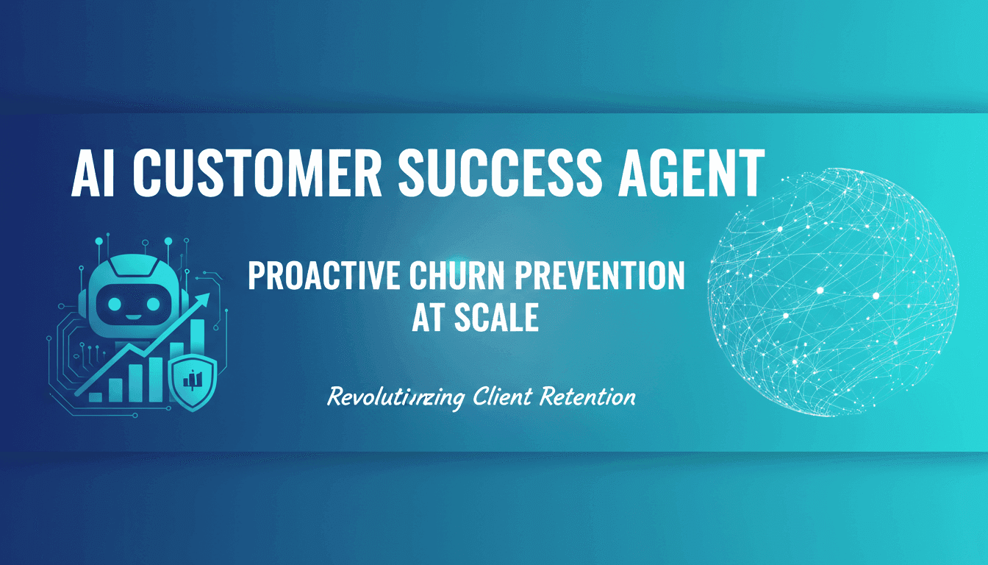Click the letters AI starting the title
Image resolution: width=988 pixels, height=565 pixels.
click(x=96, y=174)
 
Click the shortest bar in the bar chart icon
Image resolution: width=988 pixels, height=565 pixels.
click(x=96, y=396)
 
